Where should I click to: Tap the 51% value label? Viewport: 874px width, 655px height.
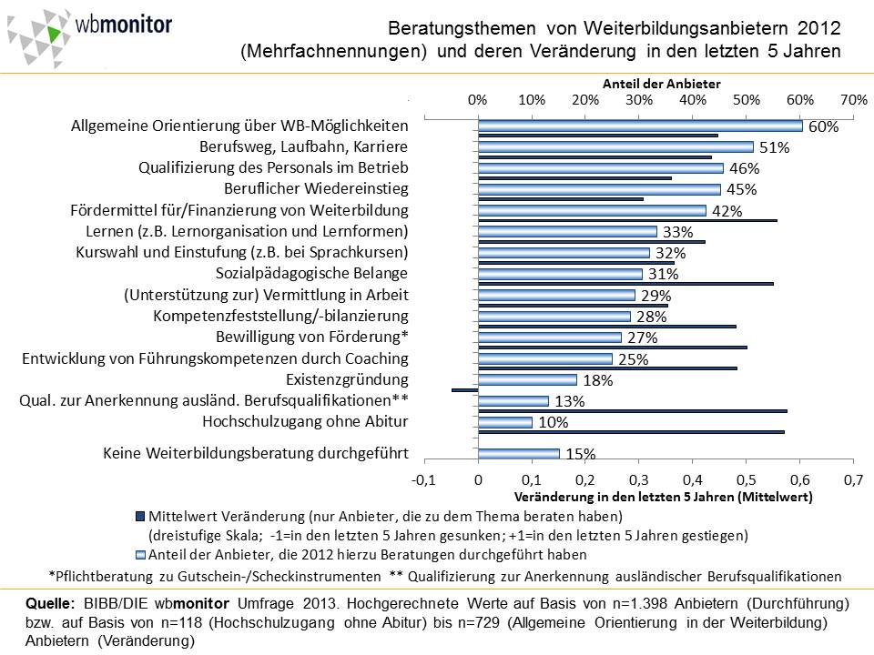click(x=774, y=148)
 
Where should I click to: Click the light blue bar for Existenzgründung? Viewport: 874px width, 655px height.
click(x=527, y=380)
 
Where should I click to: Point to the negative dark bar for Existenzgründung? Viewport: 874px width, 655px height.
click(x=464, y=390)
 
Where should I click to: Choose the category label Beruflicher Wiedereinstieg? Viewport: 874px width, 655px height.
click(x=316, y=189)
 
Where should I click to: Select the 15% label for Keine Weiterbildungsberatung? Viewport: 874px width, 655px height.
click(x=580, y=454)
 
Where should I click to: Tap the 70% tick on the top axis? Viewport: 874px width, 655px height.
click(x=854, y=99)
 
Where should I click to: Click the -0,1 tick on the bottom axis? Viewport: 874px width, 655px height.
click(x=424, y=479)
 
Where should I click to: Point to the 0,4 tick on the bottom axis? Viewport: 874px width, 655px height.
click(x=693, y=479)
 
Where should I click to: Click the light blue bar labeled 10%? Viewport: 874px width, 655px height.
click(x=505, y=422)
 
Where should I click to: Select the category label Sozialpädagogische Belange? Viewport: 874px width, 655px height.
click(x=311, y=274)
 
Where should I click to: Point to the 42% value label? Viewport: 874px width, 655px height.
click(x=727, y=211)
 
